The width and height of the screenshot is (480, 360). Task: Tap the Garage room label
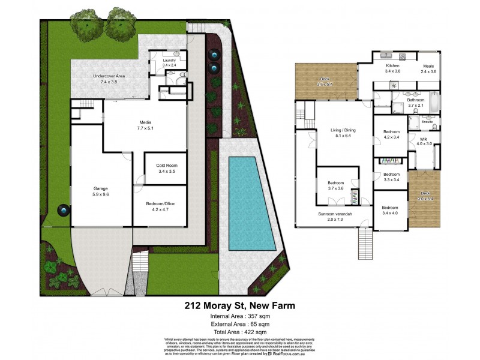pos(100,190)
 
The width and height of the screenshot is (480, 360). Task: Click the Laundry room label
pos(169,61)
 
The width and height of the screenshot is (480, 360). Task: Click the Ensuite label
pos(427,122)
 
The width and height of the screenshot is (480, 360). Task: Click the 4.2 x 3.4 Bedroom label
pos(391,133)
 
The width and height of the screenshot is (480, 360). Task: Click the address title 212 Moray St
pos(239,305)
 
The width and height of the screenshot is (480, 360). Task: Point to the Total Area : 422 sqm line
pos(239,331)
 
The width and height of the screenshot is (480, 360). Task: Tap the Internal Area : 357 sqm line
pos(239,316)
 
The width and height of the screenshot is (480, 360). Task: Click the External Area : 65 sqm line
pos(239,323)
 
